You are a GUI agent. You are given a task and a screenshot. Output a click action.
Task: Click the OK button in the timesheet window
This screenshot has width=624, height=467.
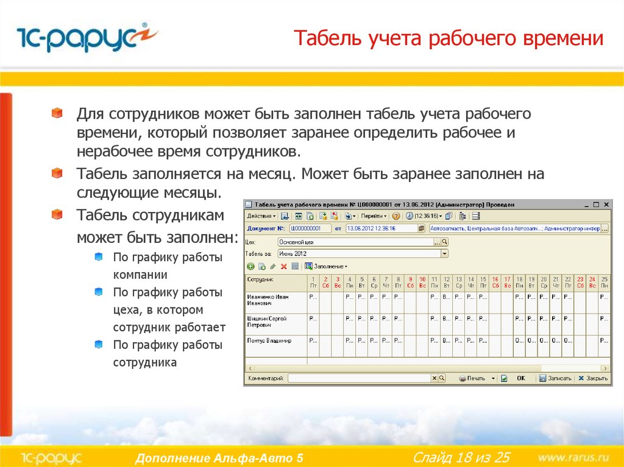[520, 378]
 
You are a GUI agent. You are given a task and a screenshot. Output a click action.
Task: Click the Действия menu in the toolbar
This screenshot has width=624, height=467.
[261, 216]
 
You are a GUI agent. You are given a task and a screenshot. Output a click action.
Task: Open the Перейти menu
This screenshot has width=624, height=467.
[373, 216]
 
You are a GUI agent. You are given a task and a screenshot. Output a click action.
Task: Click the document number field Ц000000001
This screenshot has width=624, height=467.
[310, 228]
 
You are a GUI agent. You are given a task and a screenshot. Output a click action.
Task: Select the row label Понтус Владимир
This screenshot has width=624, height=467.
[269, 341]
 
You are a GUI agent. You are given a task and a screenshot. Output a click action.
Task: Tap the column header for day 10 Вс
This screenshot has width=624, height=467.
[422, 282]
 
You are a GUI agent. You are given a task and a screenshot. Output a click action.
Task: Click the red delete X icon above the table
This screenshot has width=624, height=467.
[284, 266]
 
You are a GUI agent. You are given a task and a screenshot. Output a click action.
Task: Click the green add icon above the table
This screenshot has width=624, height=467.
[250, 266]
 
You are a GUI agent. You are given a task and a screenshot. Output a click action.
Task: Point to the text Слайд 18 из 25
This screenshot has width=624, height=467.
[461, 457]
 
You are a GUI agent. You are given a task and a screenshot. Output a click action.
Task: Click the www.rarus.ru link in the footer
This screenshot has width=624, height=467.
[573, 457]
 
